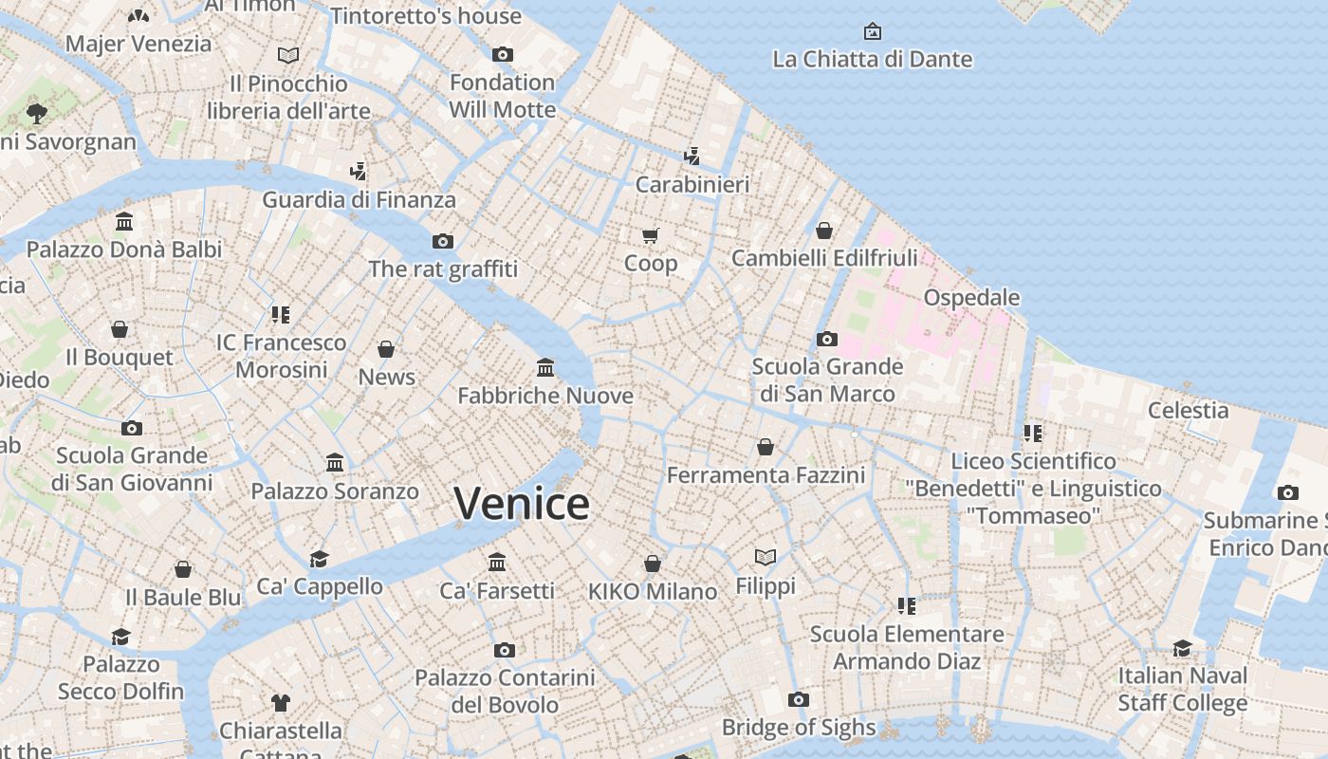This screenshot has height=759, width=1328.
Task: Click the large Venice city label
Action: pyautogui.click(x=521, y=504)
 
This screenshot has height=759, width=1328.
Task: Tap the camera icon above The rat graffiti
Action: pyautogui.click(x=443, y=241)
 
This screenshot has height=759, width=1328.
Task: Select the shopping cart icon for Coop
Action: pyautogui.click(x=650, y=235)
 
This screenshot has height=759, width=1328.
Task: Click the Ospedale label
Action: pyautogui.click(x=971, y=297)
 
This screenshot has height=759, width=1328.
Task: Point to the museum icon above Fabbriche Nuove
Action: pyautogui.click(x=545, y=367)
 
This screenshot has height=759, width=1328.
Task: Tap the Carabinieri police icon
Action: pyautogui.click(x=692, y=157)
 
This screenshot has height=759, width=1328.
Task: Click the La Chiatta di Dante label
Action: pyautogui.click(x=872, y=59)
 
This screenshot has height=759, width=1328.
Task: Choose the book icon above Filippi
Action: pyautogui.click(x=765, y=557)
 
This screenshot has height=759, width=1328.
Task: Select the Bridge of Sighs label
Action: pyautogui.click(x=799, y=728)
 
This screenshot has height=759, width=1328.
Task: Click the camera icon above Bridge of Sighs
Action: pyautogui.click(x=799, y=700)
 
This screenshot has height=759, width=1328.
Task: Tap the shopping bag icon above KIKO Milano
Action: pyautogui.click(x=653, y=564)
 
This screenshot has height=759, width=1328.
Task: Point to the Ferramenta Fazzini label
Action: pyautogui.click(x=765, y=474)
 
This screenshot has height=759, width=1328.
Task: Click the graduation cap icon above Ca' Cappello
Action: pyautogui.click(x=320, y=559)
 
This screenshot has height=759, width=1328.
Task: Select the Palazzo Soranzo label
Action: pyautogui.click(x=335, y=491)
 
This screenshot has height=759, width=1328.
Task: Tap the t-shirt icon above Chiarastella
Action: pyautogui.click(x=281, y=703)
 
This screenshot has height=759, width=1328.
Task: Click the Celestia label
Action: pyautogui.click(x=1188, y=410)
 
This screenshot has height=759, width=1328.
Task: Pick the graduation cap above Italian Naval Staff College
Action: pyautogui.click(x=1182, y=648)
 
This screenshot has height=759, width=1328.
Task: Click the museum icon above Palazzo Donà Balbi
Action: pyautogui.click(x=124, y=222)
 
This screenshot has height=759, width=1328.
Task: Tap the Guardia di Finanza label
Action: pyautogui.click(x=359, y=199)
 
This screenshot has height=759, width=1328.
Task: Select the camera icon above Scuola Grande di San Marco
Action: pyautogui.click(x=827, y=339)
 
